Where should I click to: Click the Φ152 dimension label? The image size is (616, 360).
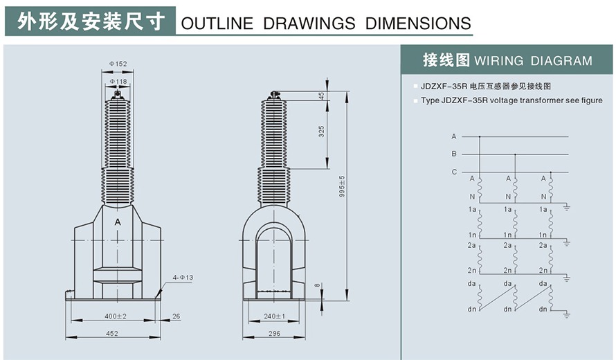click(118, 64)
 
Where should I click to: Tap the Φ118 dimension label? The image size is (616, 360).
click(118, 82)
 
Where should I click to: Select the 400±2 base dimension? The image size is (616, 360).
click(115, 316)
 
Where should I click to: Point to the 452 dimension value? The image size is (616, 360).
click(112, 333)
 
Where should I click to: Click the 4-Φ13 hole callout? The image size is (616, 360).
click(183, 278)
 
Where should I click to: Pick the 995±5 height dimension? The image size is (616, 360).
click(342, 186)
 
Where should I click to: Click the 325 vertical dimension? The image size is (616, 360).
click(322, 132)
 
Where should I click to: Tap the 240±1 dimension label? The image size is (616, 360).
click(275, 316)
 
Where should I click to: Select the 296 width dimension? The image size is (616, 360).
click(274, 333)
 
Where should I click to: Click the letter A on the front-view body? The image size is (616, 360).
click(118, 222)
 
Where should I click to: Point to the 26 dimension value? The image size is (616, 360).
click(176, 316)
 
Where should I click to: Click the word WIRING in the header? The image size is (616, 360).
click(499, 61)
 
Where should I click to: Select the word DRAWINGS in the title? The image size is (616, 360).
click(309, 23)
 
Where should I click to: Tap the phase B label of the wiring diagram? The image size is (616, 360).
click(454, 154)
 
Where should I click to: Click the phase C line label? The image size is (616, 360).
click(454, 172)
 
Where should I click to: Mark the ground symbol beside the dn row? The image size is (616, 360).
click(566, 314)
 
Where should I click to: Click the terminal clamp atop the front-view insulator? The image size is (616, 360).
click(117, 95)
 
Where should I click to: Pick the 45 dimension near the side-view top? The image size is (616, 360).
click(322, 96)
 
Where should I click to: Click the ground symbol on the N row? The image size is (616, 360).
click(566, 207)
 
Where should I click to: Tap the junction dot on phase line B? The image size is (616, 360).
click(516, 154)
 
